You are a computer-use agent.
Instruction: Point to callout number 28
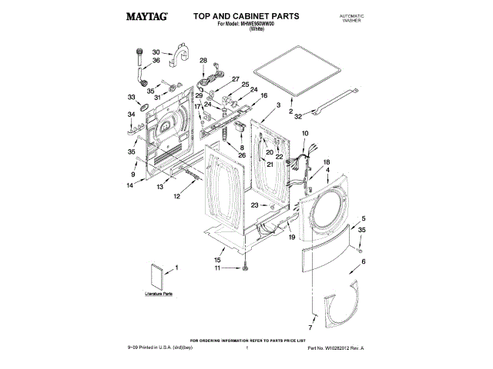coord(203,61)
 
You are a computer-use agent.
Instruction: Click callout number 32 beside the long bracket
coord(298,115)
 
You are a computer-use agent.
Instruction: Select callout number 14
coord(130,185)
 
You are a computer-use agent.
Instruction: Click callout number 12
coord(176,197)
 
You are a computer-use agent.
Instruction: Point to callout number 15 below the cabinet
coord(217,261)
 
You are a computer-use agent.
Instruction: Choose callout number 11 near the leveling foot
coord(217,268)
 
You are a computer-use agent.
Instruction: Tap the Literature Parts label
coord(158,294)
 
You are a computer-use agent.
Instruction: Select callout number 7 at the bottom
coord(314,317)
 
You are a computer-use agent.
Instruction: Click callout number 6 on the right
coord(364,262)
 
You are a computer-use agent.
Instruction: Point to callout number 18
coord(326,162)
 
